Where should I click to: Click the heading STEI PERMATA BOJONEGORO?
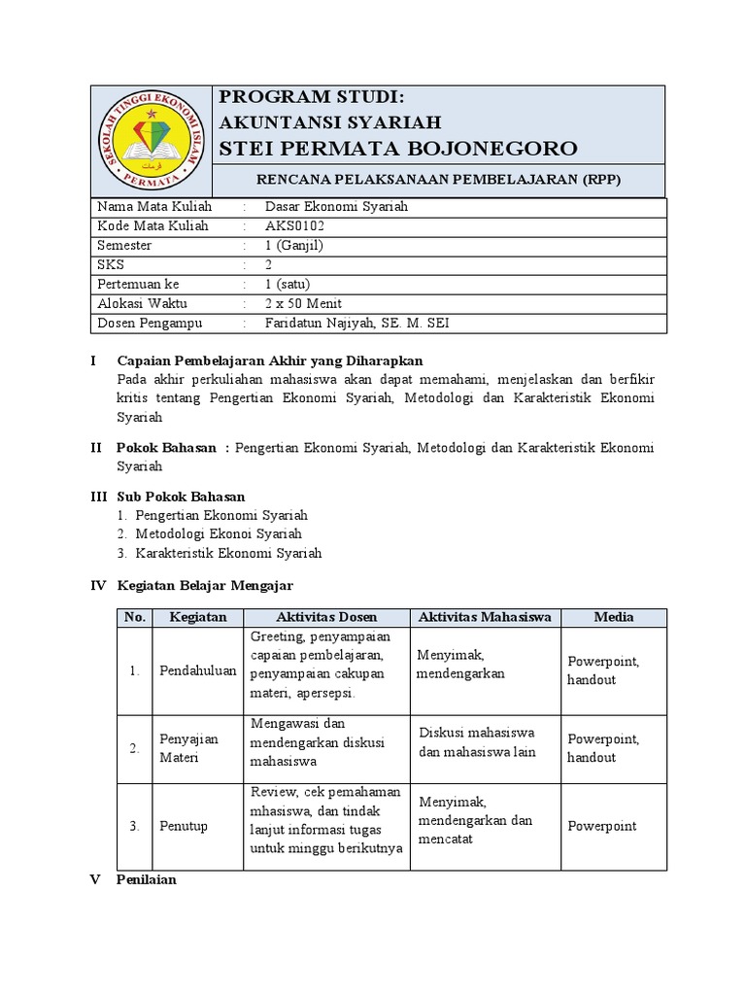coord(398,148)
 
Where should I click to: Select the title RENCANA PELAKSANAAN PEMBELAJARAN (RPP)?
coord(437,181)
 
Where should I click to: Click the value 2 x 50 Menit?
coord(303,303)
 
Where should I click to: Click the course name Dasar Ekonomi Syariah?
coord(336,207)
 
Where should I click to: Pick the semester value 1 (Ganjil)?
coord(292,246)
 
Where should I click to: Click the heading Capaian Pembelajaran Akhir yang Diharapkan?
coord(270,361)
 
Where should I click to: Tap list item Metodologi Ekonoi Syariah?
coord(219,533)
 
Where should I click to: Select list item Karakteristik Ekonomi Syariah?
coord(228,553)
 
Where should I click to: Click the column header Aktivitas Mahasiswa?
coord(485,617)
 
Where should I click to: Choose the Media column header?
coord(614,617)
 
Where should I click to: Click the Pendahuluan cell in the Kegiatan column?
coord(197,670)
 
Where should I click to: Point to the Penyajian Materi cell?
coord(189,748)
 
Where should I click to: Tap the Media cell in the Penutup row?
coord(602,826)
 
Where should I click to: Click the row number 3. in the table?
coord(135,826)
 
